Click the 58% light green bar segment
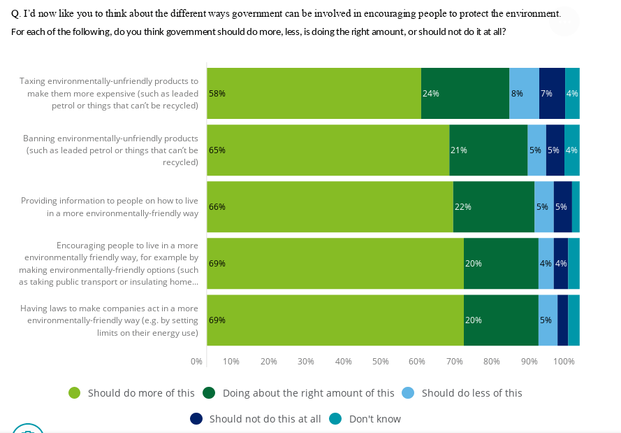click(314, 93)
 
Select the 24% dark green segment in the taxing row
click(465, 93)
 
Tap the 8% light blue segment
click(524, 93)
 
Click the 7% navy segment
click(552, 93)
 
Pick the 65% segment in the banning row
click(328, 150)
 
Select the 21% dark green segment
click(488, 150)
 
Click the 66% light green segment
click(330, 206)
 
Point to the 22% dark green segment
click(494, 206)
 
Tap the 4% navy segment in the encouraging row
click(561, 263)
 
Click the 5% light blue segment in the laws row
click(548, 320)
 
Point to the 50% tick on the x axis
click(381, 362)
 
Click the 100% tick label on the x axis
click(564, 362)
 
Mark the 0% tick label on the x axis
click(196, 362)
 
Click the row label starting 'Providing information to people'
click(110, 206)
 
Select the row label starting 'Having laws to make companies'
click(110, 320)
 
